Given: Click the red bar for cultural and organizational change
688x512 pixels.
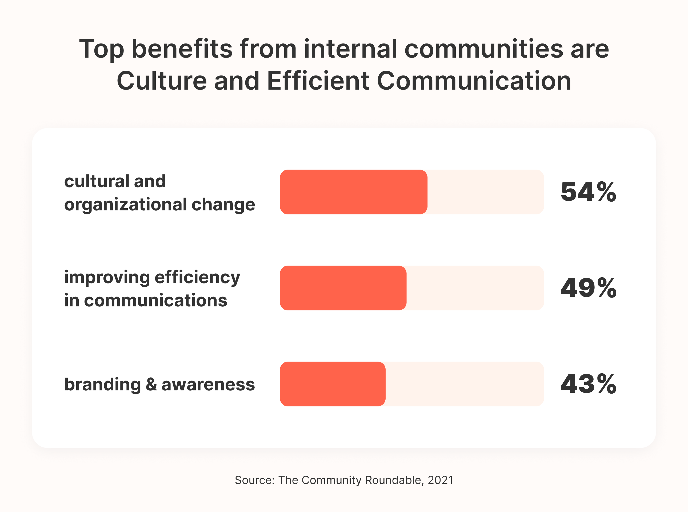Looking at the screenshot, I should coord(354,192).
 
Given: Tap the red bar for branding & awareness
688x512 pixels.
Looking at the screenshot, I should coord(333,384).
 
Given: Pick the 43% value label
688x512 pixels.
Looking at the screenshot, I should coord(588,384).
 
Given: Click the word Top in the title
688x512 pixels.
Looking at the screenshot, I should coord(102,49).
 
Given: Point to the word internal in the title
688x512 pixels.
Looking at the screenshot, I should coord(350,49).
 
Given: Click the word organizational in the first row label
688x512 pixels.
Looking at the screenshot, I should coord(126,205).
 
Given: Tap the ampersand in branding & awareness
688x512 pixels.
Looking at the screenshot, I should coord(151,384).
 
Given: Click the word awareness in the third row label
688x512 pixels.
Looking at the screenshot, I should coord(208,384).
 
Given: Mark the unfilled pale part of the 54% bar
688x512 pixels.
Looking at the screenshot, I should coord(485,192).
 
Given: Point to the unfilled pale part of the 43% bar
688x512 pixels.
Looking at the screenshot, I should coord(464,384).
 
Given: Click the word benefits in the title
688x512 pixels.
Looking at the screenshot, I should coord(182,49).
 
